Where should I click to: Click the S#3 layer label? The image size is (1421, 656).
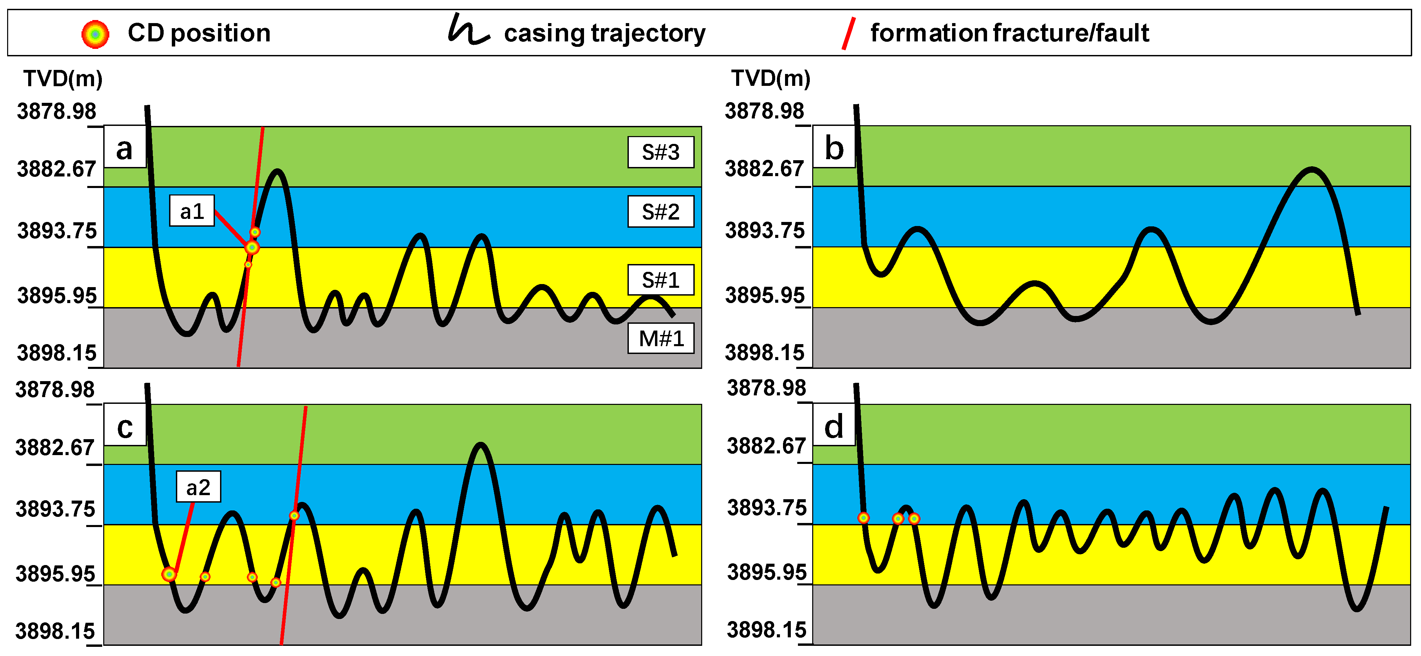tap(660, 152)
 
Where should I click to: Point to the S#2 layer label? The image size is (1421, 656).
tap(660, 212)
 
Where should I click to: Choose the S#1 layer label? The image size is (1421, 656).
tap(660, 280)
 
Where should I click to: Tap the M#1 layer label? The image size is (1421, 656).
tap(660, 338)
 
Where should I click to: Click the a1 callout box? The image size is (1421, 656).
tap(192, 211)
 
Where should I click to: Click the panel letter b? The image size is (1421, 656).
tap(834, 148)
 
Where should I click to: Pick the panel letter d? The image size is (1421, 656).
tap(834, 427)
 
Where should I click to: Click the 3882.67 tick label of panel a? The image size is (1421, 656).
tap(56, 169)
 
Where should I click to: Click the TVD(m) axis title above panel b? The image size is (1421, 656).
tap(771, 78)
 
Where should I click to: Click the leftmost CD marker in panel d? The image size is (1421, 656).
tap(863, 518)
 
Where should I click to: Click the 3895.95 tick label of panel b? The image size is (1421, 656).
tap(765, 296)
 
